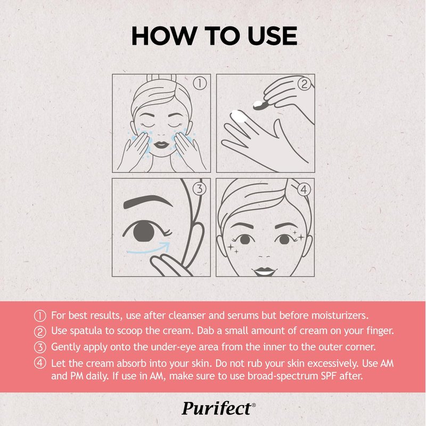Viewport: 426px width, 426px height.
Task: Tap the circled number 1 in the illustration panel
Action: point(200,83)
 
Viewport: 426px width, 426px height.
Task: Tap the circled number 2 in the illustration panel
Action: point(304,84)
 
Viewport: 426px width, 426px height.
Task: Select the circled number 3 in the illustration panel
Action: point(200,189)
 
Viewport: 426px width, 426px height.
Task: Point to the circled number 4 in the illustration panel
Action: point(304,189)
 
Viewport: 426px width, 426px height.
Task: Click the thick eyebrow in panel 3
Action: point(148,201)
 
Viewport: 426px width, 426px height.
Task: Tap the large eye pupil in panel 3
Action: point(144,231)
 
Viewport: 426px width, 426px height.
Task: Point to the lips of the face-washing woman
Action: point(161,144)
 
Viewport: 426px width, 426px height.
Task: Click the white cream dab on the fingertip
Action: point(239,116)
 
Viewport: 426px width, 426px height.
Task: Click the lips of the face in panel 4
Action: point(264,271)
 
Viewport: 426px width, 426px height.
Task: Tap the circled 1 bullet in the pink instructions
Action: point(40,316)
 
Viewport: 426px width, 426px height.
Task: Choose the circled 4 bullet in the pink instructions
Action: point(40,363)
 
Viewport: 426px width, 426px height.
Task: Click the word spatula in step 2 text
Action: point(86,331)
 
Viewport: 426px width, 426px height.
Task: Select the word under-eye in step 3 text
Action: point(174,347)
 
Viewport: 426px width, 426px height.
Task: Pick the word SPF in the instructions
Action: point(329,376)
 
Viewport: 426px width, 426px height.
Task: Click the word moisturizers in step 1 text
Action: point(340,315)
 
